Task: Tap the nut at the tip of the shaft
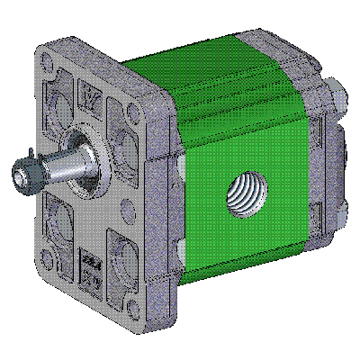click(23, 174)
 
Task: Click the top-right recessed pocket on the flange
click(122, 126)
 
